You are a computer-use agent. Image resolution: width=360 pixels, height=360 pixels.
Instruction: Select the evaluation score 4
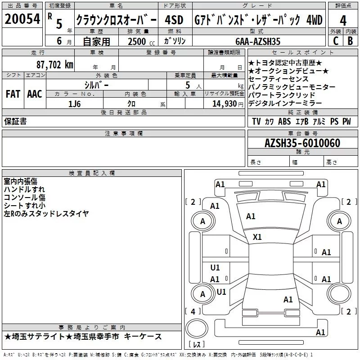[343, 20]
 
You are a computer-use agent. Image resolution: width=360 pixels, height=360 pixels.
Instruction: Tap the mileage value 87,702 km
[54, 64]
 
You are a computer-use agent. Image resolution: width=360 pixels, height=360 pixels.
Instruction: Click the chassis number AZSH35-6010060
[302, 143]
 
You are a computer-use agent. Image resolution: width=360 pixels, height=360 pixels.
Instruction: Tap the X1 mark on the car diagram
[257, 237]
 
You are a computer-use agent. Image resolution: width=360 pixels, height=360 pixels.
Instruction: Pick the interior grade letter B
[350, 41]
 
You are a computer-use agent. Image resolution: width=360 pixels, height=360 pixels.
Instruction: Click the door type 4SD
[174, 20]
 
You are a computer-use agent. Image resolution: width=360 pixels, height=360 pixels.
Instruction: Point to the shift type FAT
[13, 94]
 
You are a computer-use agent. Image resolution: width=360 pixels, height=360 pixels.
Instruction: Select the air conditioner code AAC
[34, 94]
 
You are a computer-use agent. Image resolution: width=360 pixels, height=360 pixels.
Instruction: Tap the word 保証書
[15, 121]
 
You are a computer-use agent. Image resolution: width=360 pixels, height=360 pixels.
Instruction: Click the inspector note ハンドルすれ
[24, 189]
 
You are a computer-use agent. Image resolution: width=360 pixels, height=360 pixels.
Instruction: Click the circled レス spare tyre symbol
[197, 333]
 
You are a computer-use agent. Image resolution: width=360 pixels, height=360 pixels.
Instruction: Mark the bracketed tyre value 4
[193, 311]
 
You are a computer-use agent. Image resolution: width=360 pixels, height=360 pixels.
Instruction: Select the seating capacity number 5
[187, 85]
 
